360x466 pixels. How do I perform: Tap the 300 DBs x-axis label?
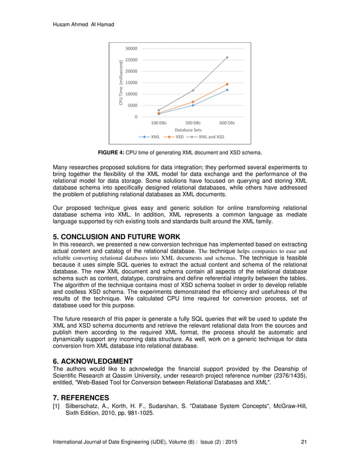pyautogui.click(x=193, y=122)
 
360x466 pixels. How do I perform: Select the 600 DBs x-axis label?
pyautogui.click(x=227, y=122)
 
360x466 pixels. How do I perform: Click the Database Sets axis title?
pyautogui.click(x=188, y=130)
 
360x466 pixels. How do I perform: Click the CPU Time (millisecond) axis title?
pyautogui.click(x=121, y=82)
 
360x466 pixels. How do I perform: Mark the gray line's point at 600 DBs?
pyautogui.click(x=227, y=58)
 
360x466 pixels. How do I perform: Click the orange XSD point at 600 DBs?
pyautogui.click(x=227, y=84)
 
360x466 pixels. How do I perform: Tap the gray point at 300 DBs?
pyautogui.click(x=193, y=90)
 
